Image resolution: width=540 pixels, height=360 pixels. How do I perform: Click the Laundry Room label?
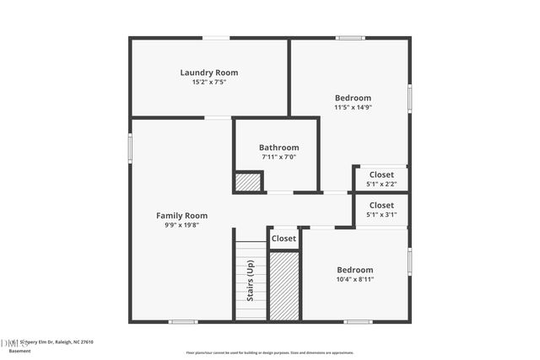tap(203, 73)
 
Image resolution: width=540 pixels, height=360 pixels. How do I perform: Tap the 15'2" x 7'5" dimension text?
tap(203, 83)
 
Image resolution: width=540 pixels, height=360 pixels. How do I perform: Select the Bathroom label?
tap(278, 148)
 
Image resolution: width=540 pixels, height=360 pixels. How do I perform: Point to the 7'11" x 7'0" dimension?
tap(278, 157)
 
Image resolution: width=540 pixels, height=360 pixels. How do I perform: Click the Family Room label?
tap(181, 216)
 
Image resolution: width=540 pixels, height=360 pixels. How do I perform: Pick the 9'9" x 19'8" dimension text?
tap(181, 225)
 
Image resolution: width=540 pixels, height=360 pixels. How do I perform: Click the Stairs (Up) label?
tap(251, 281)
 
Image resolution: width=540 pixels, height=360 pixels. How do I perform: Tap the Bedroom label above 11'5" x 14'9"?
tap(353, 98)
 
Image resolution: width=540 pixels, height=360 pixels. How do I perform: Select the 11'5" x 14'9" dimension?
tap(353, 107)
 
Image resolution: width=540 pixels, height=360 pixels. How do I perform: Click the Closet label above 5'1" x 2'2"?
tap(381, 175)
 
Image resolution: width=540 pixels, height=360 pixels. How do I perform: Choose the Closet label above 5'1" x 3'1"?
tap(381, 205)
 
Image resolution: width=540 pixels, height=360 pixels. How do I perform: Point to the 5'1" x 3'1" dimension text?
tap(381, 214)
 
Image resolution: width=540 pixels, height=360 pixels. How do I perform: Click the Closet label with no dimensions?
tap(284, 239)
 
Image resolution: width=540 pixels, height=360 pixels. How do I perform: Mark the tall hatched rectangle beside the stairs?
tap(284, 286)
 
